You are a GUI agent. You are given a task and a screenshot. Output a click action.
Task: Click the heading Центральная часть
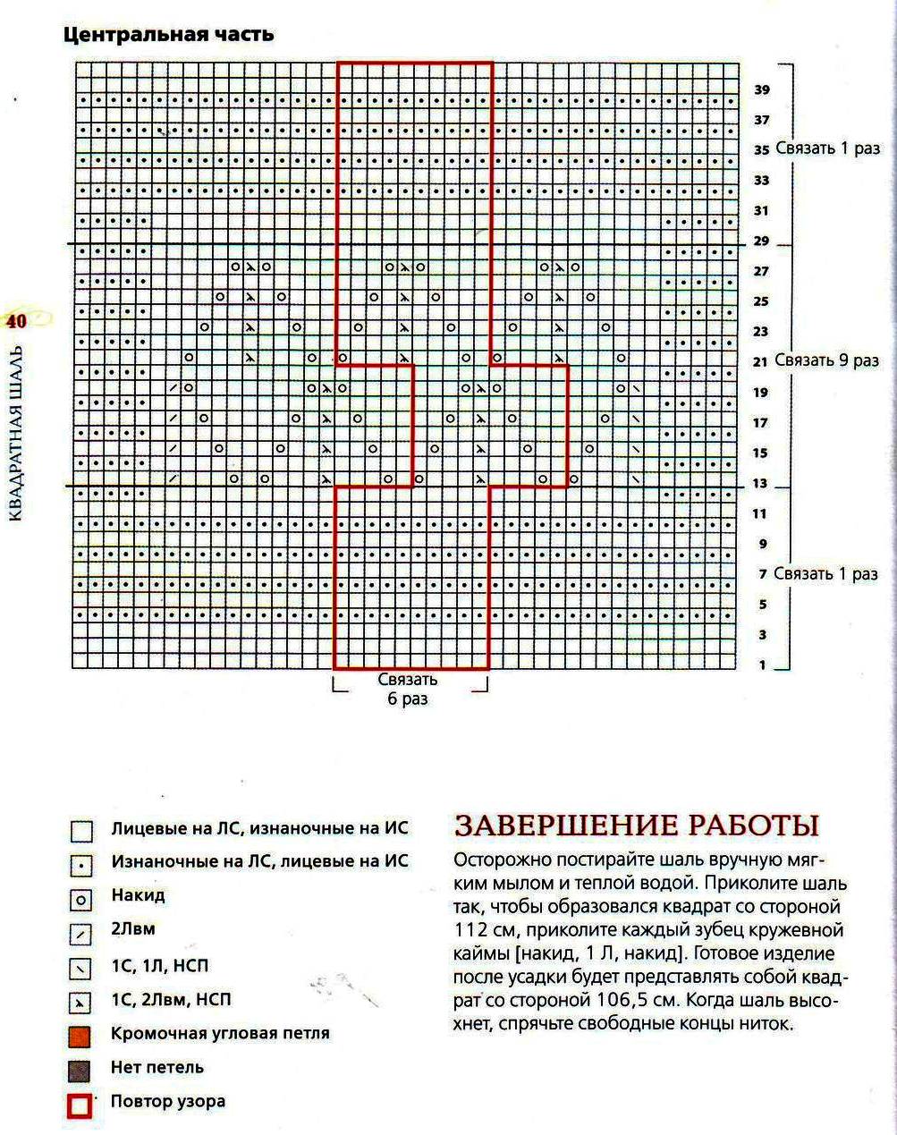[168, 35]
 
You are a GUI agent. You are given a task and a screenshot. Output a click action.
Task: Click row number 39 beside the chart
[761, 89]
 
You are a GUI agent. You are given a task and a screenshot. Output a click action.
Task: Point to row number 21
[761, 361]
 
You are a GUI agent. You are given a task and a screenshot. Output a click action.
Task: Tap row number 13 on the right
[761, 484]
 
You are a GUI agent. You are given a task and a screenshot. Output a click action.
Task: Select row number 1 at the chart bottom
[763, 665]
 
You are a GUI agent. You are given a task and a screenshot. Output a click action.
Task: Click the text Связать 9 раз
[826, 360]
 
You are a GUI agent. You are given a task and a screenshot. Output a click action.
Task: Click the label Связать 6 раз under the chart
[408, 689]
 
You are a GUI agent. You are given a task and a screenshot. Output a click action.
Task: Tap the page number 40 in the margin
[17, 321]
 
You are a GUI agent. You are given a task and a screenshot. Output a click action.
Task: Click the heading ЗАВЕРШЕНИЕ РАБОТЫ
[637, 825]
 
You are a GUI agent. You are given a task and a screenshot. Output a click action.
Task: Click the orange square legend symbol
[80, 1036]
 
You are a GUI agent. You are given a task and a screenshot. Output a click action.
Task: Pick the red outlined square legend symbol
[80, 1105]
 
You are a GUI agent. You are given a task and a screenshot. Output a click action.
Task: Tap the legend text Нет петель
[157, 1067]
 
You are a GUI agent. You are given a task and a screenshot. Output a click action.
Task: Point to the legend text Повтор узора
[167, 1101]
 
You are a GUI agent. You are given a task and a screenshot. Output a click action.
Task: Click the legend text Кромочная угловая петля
[220, 1033]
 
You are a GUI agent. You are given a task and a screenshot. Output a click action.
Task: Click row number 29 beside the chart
[761, 241]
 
